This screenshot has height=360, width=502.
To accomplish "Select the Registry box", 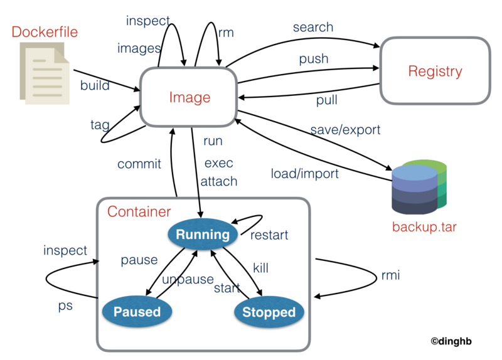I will (x=434, y=71).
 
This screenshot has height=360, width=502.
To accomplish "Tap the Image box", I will (x=190, y=97).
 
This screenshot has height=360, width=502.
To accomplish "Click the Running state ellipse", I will (x=202, y=235).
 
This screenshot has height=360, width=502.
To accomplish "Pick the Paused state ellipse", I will (x=137, y=312).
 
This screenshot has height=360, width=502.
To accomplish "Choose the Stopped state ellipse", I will (x=269, y=312).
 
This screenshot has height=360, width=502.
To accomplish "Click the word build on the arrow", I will (x=95, y=85).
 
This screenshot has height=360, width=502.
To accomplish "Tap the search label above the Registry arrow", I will (x=312, y=28).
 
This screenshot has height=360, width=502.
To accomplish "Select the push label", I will (x=313, y=59).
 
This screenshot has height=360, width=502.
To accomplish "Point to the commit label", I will (x=139, y=164).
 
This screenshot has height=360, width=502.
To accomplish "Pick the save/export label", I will (x=345, y=130).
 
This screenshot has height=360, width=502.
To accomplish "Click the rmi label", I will (x=390, y=276).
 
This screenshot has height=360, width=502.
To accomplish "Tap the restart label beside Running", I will (x=269, y=235).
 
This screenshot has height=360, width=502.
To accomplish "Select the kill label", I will (x=260, y=268).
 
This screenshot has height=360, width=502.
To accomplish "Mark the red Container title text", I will (x=139, y=211).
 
